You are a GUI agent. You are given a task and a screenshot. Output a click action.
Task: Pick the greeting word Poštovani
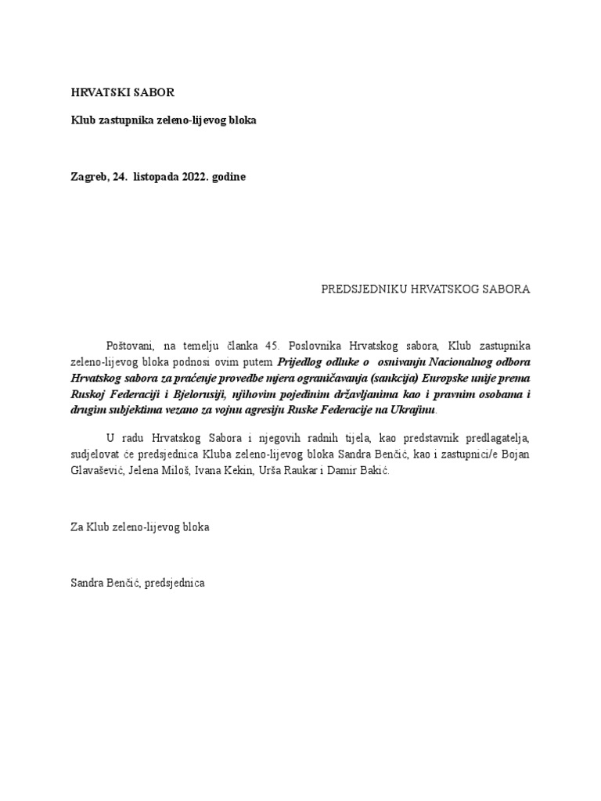[x=131, y=345]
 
